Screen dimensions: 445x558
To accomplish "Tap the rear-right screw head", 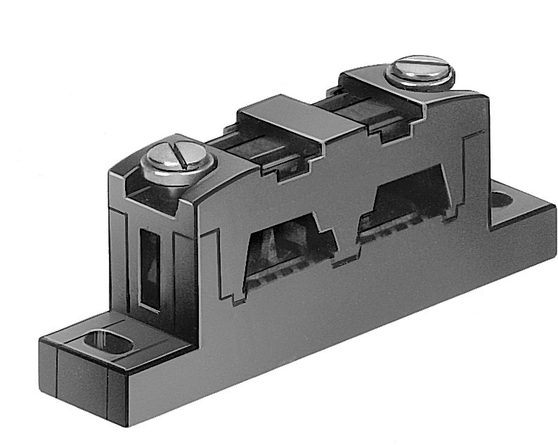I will click(420, 72).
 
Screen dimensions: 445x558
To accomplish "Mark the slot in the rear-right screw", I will click(420, 69).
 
